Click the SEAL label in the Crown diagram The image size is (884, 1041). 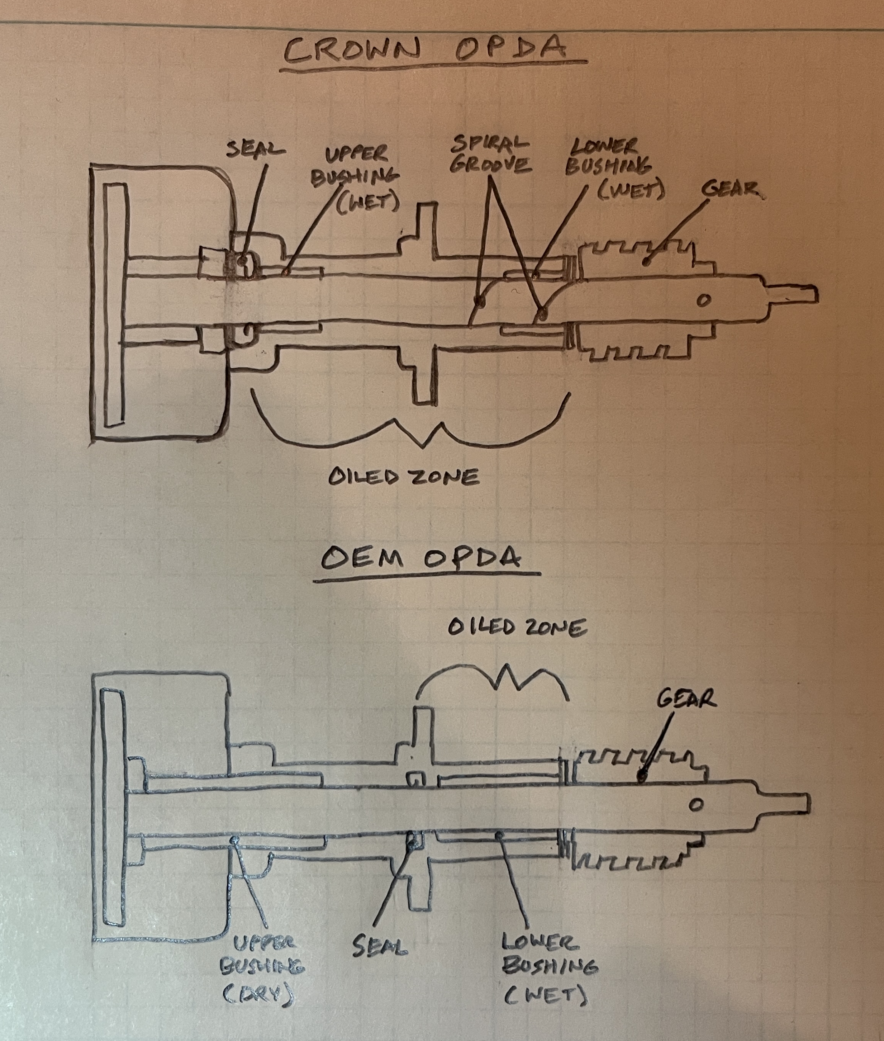[255, 149]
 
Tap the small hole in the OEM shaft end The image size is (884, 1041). [695, 805]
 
